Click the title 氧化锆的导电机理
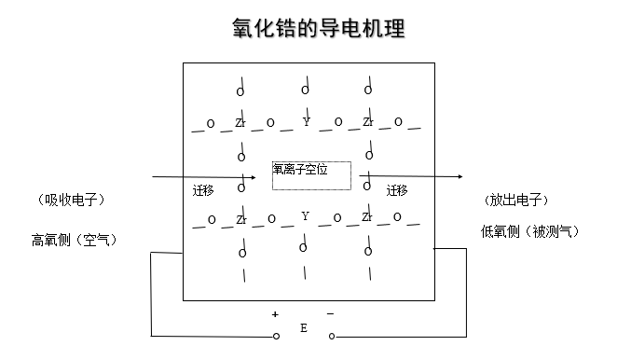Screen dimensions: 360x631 318,28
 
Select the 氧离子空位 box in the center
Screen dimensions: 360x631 311,175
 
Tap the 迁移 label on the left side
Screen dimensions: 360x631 203,190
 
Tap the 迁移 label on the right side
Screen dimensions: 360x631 396,190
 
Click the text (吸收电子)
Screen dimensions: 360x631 71,200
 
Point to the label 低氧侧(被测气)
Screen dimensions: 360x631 529,231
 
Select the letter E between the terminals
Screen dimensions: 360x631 303,329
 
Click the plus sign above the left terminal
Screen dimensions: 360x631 275,313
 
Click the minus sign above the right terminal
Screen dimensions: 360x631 330,313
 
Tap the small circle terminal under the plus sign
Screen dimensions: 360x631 276,336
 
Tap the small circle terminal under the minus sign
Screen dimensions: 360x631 331,336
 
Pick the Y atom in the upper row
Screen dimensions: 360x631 306,121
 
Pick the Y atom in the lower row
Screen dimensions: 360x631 305,216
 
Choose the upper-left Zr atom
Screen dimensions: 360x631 240,122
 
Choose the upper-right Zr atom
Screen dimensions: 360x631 367,122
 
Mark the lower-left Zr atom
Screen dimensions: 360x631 240,219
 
